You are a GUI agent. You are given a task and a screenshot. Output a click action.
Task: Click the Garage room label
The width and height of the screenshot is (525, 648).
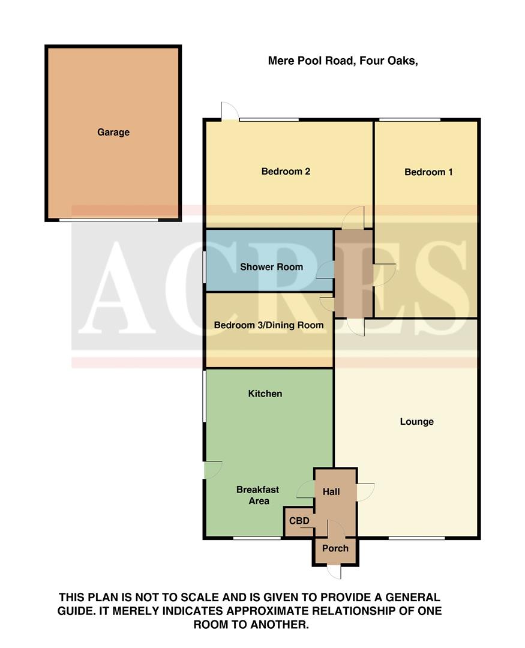[113, 133]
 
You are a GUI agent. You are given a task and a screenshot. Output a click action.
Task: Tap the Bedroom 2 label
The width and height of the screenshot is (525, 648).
[286, 172]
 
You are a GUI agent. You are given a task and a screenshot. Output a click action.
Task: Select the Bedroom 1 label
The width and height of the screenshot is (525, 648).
[428, 172]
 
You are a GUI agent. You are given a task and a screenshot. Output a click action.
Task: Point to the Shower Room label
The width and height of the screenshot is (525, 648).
[271, 267]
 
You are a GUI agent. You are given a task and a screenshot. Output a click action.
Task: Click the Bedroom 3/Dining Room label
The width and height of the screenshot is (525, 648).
[269, 325]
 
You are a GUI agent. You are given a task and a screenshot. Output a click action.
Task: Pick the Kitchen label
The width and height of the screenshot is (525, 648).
[265, 394]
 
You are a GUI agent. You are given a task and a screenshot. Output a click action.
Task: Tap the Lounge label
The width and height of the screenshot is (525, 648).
[416, 422]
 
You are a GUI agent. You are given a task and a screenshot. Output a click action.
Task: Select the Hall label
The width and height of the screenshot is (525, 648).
[331, 492]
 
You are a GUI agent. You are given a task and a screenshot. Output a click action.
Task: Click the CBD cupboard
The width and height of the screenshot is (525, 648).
[299, 521]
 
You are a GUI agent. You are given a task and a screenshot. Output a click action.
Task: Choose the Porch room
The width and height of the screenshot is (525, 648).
[335, 548]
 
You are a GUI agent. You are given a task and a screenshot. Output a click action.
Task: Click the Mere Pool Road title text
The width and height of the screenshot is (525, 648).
[342, 61]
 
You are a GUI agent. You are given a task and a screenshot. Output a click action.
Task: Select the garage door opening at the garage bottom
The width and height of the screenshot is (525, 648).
[109, 220]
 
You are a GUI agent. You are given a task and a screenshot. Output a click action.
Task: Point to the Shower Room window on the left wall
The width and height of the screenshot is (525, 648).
[204, 266]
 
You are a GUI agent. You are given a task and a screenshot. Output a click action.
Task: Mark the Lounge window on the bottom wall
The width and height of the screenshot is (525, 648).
[416, 538]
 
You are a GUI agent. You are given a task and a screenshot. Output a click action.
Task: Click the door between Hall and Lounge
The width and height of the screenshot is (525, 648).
[365, 492]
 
